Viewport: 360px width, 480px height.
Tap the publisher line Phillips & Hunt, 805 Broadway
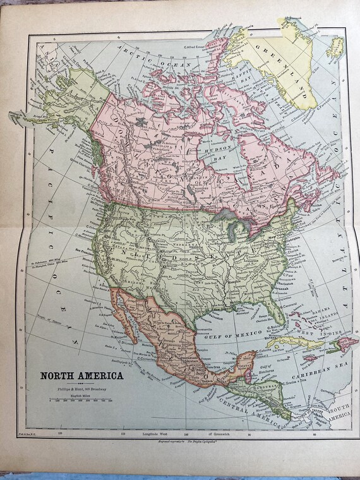click(x=83, y=390)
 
